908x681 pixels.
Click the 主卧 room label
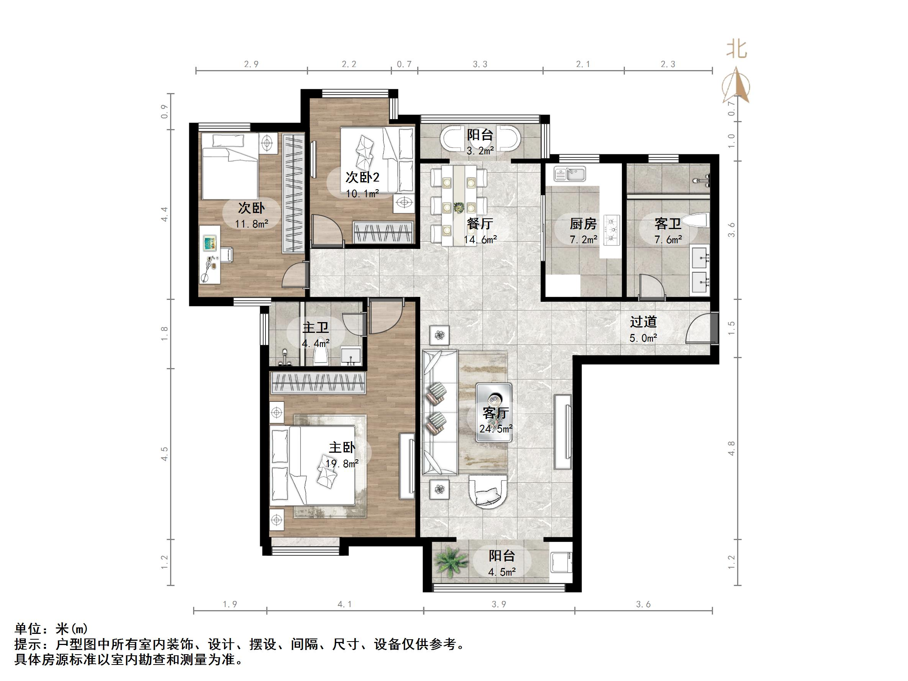click(x=341, y=447)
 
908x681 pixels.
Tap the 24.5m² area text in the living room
click(x=495, y=429)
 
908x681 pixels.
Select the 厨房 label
click(x=583, y=224)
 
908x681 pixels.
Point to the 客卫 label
click(x=668, y=224)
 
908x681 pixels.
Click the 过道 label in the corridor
click(x=643, y=321)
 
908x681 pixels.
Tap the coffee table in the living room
click(x=494, y=412)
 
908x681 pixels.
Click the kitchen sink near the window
click(x=569, y=174)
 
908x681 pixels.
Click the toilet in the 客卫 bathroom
click(x=700, y=221)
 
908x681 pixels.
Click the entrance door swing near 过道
click(x=701, y=329)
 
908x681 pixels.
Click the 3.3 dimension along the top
click(x=480, y=64)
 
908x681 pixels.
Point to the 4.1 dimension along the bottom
click(x=344, y=604)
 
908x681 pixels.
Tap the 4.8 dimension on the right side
click(x=731, y=448)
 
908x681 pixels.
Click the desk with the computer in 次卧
click(x=211, y=254)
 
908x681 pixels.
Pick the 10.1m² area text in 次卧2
click(x=362, y=193)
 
